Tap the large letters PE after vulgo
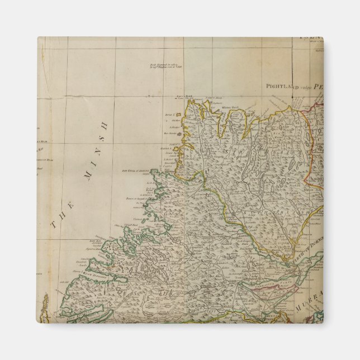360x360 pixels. pyautogui.click(x=318, y=87)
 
